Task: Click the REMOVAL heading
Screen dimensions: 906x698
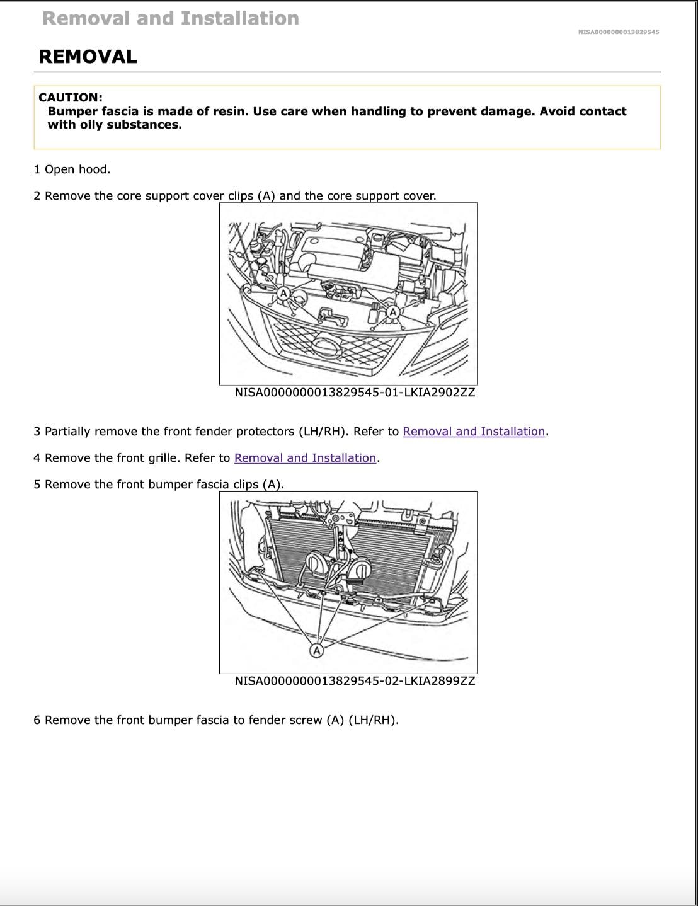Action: [88, 57]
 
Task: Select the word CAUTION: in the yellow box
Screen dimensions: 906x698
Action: [70, 98]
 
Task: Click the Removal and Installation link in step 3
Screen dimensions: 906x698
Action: [473, 432]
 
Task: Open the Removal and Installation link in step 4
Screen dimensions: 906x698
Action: [305, 458]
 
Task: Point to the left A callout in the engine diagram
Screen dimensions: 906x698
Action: [283, 293]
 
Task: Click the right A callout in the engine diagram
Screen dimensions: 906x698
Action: [393, 312]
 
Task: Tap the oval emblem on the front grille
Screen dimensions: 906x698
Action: [328, 345]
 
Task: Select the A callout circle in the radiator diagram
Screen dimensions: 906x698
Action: [316, 650]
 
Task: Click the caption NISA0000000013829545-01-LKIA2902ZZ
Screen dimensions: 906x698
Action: [355, 393]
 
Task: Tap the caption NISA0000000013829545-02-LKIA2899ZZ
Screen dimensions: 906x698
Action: [355, 681]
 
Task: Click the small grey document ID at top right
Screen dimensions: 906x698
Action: [618, 32]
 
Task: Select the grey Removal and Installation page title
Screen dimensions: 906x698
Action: [171, 19]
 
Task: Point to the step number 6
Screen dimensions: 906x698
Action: [37, 720]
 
